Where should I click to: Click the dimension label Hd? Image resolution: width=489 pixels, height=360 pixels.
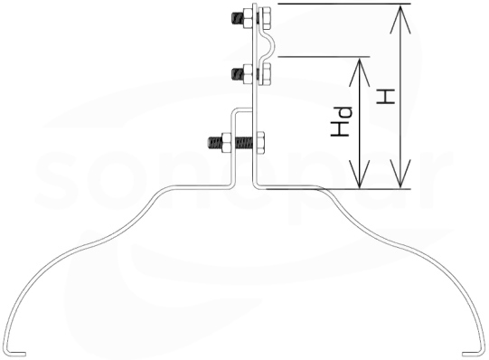point(341,121)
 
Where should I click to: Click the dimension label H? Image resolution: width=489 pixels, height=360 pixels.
point(386,97)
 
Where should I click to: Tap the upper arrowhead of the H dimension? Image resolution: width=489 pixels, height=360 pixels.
point(400,19)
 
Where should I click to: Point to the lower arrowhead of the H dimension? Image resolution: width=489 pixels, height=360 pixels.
point(400,174)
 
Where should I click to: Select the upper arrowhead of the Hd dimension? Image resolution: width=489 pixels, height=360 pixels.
point(360,72)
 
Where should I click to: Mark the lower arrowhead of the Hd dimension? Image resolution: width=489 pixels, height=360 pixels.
point(360,174)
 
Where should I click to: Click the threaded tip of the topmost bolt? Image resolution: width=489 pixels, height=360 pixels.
point(237,19)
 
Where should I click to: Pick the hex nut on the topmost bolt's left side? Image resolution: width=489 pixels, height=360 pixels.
point(248,19)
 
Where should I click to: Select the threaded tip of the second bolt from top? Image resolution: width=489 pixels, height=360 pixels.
point(237,74)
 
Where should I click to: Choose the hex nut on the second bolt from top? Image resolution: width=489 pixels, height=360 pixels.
point(248,74)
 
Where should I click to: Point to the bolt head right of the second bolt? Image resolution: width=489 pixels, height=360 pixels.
point(264,74)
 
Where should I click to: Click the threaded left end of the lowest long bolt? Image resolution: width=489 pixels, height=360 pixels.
point(214,143)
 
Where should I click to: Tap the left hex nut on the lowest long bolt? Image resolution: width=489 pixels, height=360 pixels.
point(226,143)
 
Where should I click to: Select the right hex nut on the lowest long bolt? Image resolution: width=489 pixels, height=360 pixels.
point(260,143)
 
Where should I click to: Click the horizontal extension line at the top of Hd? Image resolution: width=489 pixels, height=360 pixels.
point(324,57)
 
